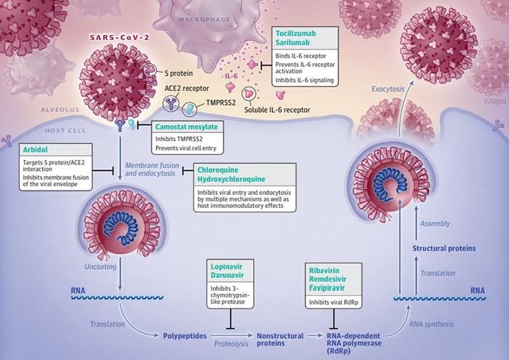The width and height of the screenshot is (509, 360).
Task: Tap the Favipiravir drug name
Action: pos(332,289)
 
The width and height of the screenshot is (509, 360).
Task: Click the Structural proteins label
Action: pos(444,248)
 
